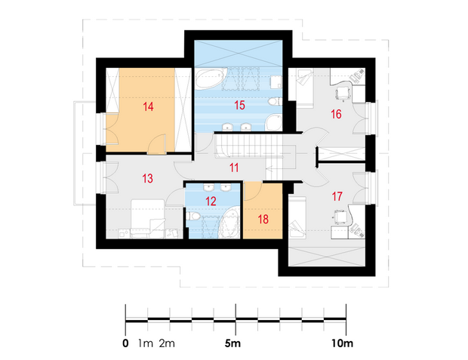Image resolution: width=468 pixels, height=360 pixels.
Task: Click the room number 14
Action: pyautogui.click(x=148, y=106)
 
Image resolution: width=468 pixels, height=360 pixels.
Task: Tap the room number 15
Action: pyautogui.click(x=239, y=106)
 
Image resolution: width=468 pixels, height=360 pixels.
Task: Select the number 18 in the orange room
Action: pyautogui.click(x=263, y=220)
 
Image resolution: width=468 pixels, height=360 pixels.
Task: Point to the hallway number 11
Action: pyautogui.click(x=234, y=168)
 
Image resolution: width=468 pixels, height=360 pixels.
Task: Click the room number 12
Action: pyautogui.click(x=211, y=202)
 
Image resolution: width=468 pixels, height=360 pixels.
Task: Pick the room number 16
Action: pyautogui.click(x=336, y=114)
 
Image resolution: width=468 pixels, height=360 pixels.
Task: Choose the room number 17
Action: pyautogui.click(x=337, y=196)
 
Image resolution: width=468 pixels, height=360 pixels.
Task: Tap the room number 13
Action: pyautogui.click(x=147, y=179)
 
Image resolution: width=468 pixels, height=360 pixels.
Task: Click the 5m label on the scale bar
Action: pyautogui.click(x=232, y=343)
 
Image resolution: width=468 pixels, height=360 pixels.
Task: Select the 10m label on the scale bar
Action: pyautogui.click(x=342, y=343)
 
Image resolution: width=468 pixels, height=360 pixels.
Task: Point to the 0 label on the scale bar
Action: pyautogui.click(x=125, y=343)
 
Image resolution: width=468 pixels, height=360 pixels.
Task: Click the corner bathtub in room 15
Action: pyautogui.click(x=211, y=79)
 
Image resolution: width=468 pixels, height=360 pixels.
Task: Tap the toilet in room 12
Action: pyautogui.click(x=192, y=216)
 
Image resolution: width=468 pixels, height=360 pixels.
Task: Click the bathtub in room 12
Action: pyautogui.click(x=229, y=223)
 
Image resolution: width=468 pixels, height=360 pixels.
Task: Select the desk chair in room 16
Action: pyautogui.click(x=343, y=93)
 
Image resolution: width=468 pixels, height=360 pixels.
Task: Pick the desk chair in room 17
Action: pyautogui.click(x=340, y=217)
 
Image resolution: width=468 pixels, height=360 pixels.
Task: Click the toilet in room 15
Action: pyautogui.click(x=275, y=101)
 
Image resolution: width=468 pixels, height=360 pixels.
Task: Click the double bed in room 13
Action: pyautogui.click(x=148, y=219)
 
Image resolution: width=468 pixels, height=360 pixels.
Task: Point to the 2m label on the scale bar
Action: pyautogui.click(x=167, y=343)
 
